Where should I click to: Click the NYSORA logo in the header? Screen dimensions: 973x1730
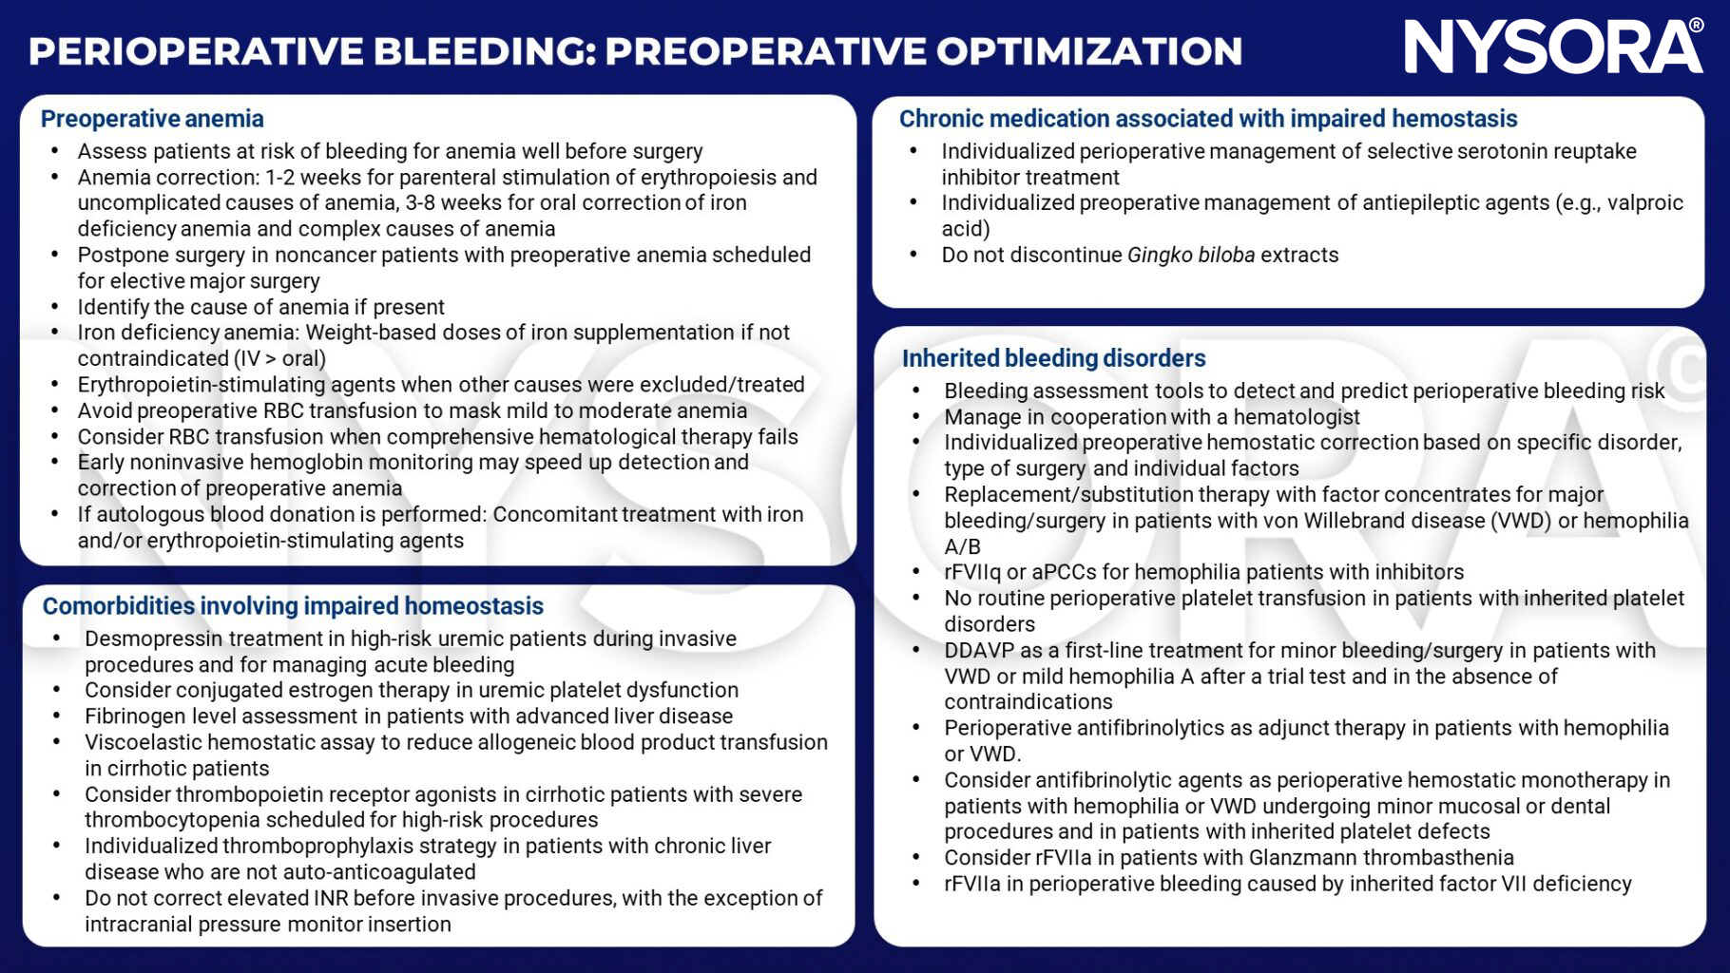pos(1553,48)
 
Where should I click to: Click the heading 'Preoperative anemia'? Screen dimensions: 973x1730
pos(152,119)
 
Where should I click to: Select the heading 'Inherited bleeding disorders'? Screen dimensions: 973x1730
pos(1053,358)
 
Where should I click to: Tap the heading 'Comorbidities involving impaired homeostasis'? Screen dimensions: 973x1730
pos(293,606)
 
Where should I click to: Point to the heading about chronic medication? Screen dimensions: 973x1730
pos(1207,119)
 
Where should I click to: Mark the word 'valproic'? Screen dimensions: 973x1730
pos(1644,202)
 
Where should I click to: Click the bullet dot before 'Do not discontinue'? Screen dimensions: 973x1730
pos(913,255)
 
